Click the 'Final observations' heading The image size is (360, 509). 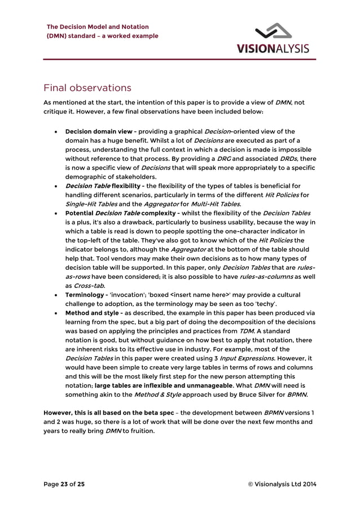pyautogui.click(x=87, y=88)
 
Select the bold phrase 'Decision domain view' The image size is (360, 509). pyautogui.click(x=99, y=131)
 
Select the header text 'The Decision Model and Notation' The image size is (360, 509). pyautogui.click(x=98, y=27)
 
